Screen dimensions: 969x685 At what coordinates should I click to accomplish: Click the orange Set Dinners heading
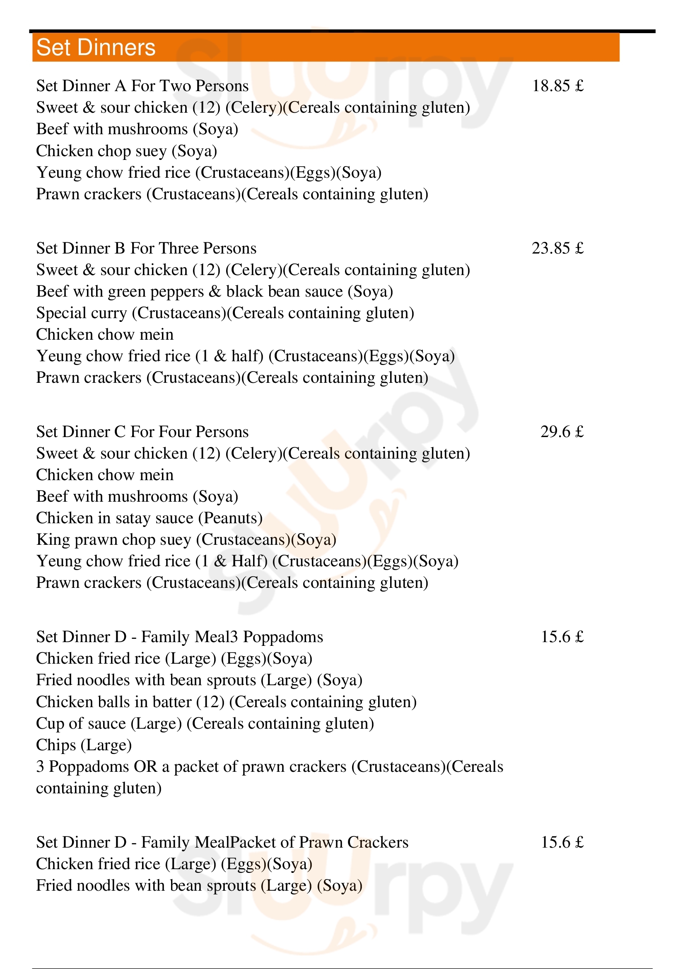coord(96,47)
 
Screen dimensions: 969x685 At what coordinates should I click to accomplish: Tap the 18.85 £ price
coord(557,86)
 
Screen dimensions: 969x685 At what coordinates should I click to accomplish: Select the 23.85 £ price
coord(557,249)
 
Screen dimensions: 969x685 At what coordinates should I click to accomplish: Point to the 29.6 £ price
coord(562,432)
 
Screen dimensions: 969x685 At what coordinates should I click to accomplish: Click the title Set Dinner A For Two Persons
coord(142,86)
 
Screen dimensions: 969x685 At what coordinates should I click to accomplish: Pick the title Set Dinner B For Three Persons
coord(146,249)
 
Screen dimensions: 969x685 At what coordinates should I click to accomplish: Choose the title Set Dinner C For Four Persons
coord(142,432)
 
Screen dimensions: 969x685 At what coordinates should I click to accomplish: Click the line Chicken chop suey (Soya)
coord(127,151)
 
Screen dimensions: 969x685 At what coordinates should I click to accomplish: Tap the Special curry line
coord(225,313)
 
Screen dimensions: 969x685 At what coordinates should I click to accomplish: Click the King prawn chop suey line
coord(186,540)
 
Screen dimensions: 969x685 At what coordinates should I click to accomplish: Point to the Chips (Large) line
coord(84,745)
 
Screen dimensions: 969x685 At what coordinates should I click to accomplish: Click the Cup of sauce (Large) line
coord(205,723)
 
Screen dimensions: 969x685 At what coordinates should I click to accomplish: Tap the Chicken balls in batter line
coord(226,702)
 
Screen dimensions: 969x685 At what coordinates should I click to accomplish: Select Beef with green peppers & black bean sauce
coord(214,292)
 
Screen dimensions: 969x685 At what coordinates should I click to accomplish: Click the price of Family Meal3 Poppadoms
coord(562,637)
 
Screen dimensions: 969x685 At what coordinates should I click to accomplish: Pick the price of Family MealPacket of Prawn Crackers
coord(562,842)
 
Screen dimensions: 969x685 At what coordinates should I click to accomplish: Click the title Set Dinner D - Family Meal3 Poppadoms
coord(180,637)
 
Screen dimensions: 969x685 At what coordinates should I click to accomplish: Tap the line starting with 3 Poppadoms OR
coord(270,767)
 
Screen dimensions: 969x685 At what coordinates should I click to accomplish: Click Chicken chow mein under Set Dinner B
coord(105,335)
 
